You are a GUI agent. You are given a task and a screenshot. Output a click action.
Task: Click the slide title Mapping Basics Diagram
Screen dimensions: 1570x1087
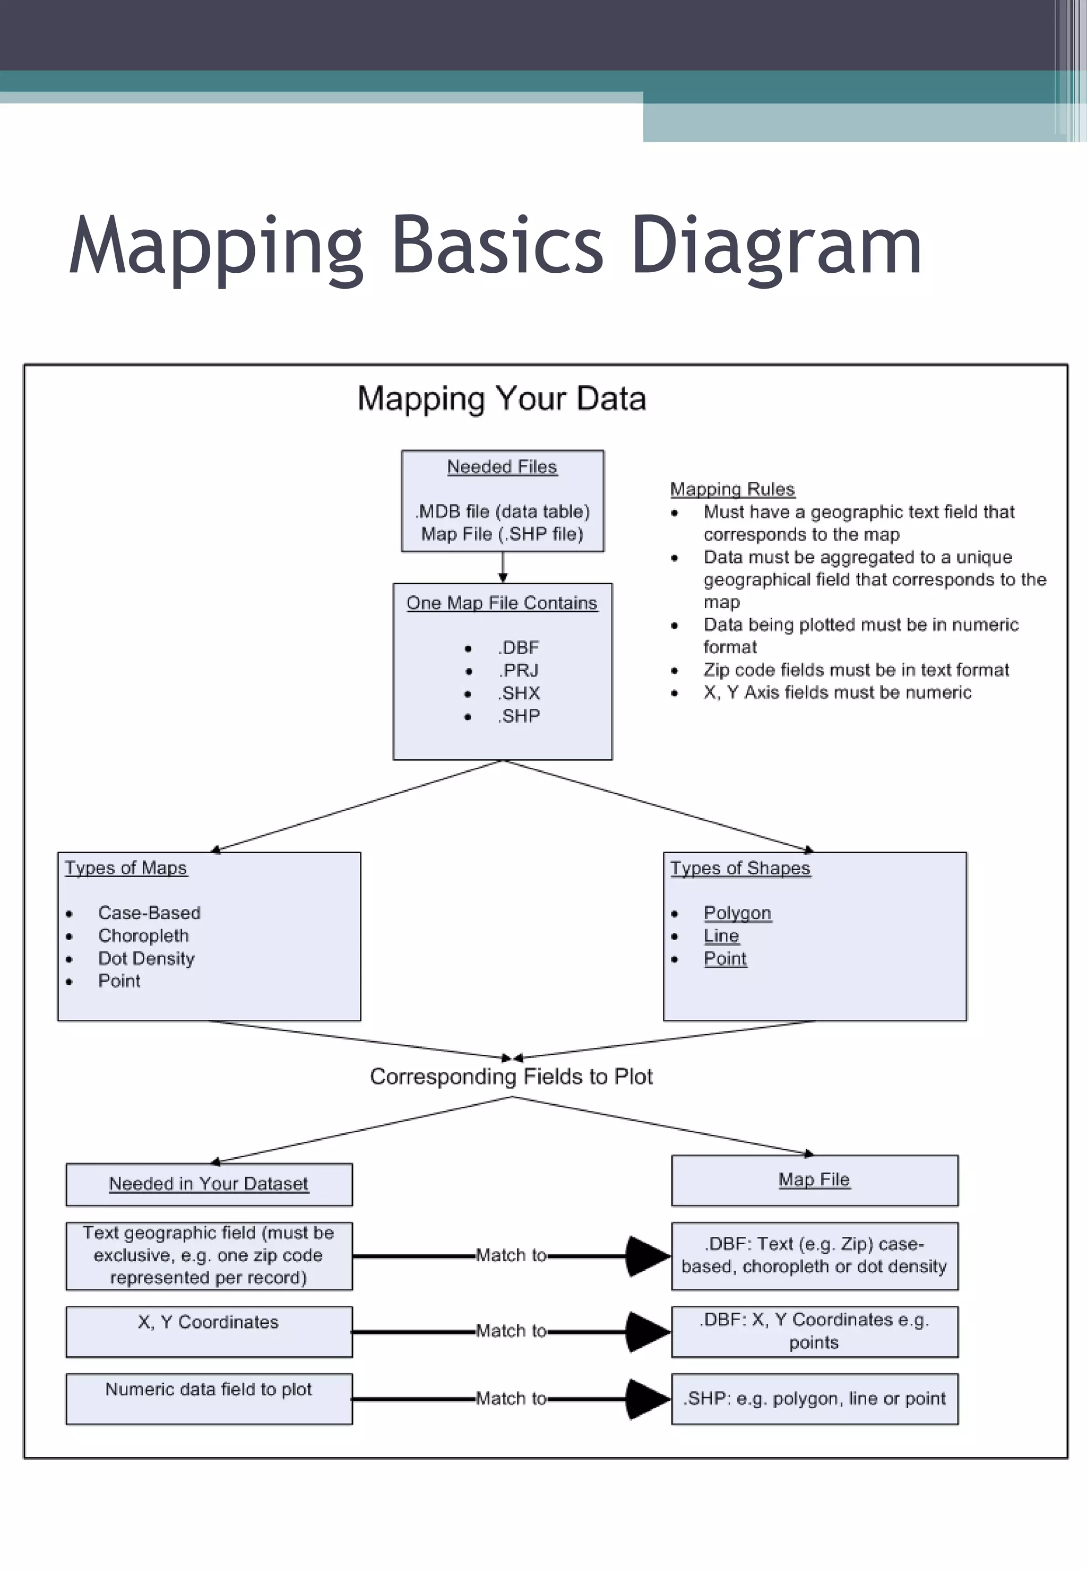[495, 245]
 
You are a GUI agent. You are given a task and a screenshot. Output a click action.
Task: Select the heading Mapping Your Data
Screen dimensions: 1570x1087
[501, 398]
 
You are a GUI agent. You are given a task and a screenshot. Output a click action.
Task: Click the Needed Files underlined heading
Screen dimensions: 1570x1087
[502, 467]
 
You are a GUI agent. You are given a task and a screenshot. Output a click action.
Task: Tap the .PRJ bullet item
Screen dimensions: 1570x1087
[519, 671]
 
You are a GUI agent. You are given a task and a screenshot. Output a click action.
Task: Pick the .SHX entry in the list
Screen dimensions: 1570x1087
[519, 693]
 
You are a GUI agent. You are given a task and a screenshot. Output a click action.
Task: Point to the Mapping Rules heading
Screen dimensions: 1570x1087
[732, 489]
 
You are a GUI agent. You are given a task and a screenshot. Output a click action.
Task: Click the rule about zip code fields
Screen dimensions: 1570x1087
[856, 670]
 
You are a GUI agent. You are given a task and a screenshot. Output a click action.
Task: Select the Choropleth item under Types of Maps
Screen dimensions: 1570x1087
[143, 935]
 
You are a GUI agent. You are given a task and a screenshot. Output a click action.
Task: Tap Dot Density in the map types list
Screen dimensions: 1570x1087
[146, 959]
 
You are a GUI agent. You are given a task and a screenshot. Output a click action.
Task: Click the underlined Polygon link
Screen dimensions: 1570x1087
[737, 913]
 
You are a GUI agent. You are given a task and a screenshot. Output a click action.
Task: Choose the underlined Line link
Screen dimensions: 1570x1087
[721, 936]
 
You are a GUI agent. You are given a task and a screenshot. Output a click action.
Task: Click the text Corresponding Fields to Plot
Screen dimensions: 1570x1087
[511, 1077]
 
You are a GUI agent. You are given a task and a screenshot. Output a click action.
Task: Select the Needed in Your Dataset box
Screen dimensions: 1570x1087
[209, 1184]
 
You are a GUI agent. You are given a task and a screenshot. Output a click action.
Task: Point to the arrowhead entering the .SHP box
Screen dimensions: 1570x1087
[647, 1399]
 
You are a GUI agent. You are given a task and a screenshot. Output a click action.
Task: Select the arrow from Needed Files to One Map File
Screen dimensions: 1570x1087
[503, 567]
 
